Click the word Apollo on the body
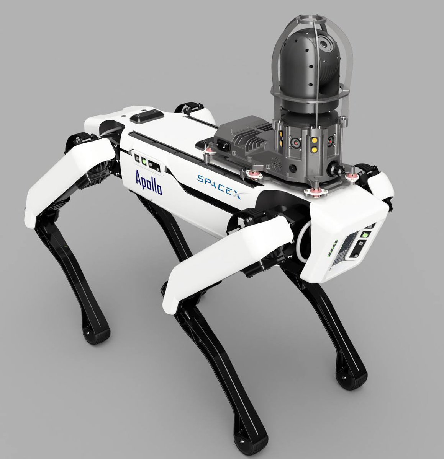[x=149, y=182]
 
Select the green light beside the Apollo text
[x=144, y=161]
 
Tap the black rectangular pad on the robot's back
[x=147, y=117]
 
